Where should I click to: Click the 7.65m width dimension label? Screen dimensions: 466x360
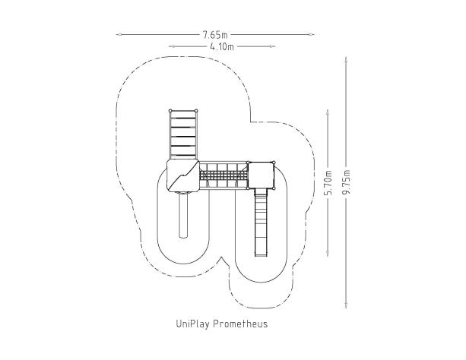215,35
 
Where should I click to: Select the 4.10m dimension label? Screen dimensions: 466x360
222,46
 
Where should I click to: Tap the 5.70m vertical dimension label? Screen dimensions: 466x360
328,183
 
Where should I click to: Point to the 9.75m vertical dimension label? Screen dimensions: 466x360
346,182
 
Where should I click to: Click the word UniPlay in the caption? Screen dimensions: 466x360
193,324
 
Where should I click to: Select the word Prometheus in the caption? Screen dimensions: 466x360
240,324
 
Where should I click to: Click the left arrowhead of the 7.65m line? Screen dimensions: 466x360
119,34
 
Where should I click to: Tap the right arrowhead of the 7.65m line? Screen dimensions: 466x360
311,34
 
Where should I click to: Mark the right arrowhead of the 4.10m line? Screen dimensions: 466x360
272,46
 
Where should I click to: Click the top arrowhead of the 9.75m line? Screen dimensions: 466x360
346,59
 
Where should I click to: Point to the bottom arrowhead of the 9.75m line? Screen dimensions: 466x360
346,305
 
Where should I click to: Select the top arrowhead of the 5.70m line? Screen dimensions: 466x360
328,112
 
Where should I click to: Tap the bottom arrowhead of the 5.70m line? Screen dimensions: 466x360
328,254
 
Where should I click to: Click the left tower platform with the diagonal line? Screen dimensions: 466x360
182,175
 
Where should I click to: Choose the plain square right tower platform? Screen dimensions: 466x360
261,175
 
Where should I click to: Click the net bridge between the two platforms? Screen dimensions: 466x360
223,175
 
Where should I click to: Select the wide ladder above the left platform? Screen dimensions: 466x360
183,135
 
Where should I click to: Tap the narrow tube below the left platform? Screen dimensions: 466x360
183,215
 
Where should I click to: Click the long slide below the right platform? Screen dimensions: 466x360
262,223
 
